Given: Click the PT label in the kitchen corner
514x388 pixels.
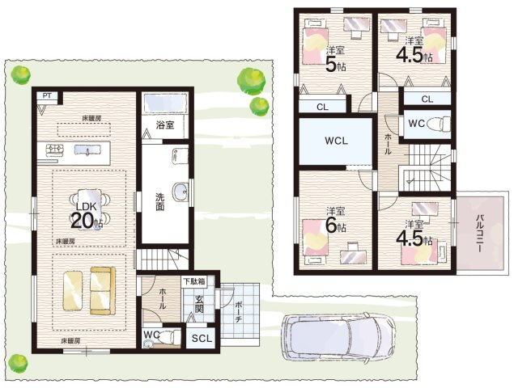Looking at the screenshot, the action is (x=47, y=96).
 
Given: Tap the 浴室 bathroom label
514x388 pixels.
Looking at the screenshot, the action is (x=165, y=125).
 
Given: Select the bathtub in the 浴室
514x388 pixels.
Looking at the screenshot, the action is (x=165, y=103).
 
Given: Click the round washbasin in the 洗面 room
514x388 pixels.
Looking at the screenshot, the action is (x=180, y=191).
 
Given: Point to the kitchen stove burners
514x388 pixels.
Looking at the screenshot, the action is (x=55, y=150).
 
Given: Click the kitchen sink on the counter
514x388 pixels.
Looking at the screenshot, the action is (x=87, y=150).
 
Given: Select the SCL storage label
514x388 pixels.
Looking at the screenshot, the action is (x=202, y=339).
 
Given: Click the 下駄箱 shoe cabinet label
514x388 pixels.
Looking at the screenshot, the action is (x=194, y=281).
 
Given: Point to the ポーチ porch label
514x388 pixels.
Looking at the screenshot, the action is (x=239, y=311).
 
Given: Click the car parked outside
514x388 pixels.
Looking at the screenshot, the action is (x=340, y=338).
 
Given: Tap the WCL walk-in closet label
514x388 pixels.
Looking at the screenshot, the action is (x=337, y=141).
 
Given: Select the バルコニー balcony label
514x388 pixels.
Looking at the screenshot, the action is (x=481, y=233).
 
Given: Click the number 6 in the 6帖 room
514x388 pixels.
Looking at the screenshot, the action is (x=331, y=226).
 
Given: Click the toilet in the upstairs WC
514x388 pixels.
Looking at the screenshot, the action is (x=439, y=124).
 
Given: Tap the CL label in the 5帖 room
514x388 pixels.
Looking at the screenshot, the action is (x=322, y=107).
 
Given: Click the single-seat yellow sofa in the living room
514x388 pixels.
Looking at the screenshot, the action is (x=72, y=290).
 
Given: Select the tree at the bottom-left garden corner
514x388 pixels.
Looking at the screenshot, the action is (x=18, y=363).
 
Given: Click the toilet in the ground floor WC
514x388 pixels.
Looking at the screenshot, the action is (x=169, y=336).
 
